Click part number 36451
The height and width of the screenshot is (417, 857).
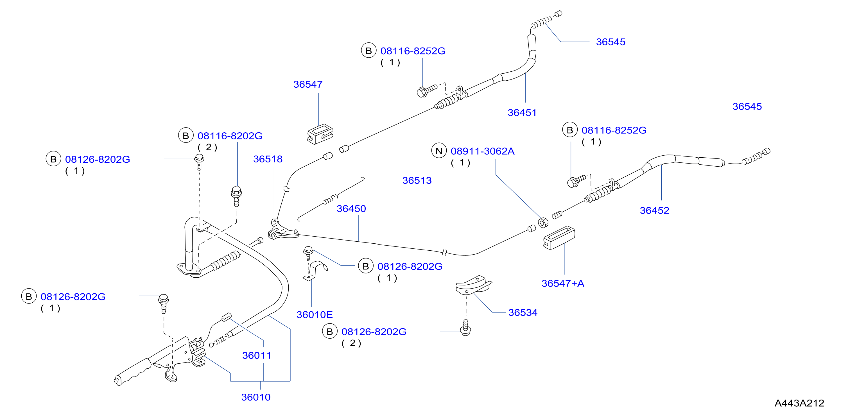[x=522, y=113]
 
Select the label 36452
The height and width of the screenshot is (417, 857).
[x=654, y=210]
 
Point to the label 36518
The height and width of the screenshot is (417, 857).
[x=268, y=159]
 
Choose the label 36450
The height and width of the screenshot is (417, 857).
[x=351, y=208]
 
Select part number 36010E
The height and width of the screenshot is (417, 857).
[x=315, y=315]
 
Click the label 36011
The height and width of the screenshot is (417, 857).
[x=257, y=355]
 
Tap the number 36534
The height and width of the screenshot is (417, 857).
[x=523, y=312]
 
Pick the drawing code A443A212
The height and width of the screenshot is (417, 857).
[x=799, y=403]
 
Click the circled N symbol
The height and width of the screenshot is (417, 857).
[x=439, y=151]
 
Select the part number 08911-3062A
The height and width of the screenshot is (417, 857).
[x=482, y=151]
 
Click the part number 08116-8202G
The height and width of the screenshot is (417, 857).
[x=230, y=136]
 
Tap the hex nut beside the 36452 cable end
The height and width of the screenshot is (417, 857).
[x=543, y=223]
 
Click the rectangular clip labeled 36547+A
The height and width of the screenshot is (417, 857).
[x=559, y=237]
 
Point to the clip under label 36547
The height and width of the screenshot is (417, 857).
[x=320, y=134]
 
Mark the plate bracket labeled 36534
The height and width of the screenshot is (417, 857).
[x=473, y=285]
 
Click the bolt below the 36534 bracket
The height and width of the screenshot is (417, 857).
[x=465, y=328]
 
